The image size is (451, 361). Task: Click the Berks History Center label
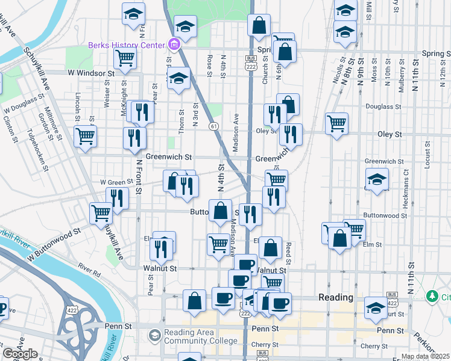pyautogui.click(x=126, y=45)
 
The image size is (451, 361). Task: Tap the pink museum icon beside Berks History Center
pyautogui.click(x=174, y=45)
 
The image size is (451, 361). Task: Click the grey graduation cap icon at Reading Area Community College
pyautogui.click(x=155, y=335)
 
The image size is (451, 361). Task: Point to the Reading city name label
pyautogui.click(x=335, y=297)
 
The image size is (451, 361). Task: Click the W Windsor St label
pyautogui.click(x=90, y=73)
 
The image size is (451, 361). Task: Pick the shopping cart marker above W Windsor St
pyautogui.click(x=125, y=58)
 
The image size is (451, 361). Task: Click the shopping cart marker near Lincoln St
pyautogui.click(x=86, y=135)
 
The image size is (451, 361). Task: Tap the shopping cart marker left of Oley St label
pyautogui.click(x=336, y=123)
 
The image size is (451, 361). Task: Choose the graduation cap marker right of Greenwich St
pyautogui.click(x=377, y=179)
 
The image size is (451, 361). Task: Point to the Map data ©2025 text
pyautogui.click(x=425, y=356)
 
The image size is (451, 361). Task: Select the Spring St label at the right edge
pyautogui.click(x=436, y=53)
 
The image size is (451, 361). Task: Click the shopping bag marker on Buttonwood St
pyautogui.click(x=220, y=210)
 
